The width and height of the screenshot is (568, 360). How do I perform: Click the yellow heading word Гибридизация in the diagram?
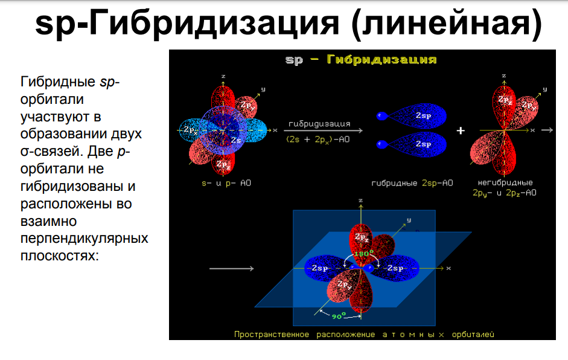tap(381, 59)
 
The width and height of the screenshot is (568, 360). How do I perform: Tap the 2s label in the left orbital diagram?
tap(236, 140)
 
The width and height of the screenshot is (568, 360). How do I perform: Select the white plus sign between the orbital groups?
tap(461, 130)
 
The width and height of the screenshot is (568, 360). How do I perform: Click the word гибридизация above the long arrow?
tap(319, 124)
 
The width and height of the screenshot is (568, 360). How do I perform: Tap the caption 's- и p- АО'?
tap(226, 183)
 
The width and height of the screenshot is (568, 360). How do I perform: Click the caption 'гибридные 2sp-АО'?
tap(412, 183)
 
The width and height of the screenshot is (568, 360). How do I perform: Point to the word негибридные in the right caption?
tap(505, 183)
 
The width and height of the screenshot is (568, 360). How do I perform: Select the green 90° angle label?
tap(339, 316)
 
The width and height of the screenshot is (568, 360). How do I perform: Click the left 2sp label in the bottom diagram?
tap(319, 268)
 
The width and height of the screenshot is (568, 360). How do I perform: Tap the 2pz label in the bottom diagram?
tap(362, 237)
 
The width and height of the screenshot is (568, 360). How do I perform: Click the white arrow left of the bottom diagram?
tap(231, 269)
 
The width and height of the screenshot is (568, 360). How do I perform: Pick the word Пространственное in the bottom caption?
tap(271, 334)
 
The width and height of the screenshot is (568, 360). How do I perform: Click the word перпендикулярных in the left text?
tap(85, 239)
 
